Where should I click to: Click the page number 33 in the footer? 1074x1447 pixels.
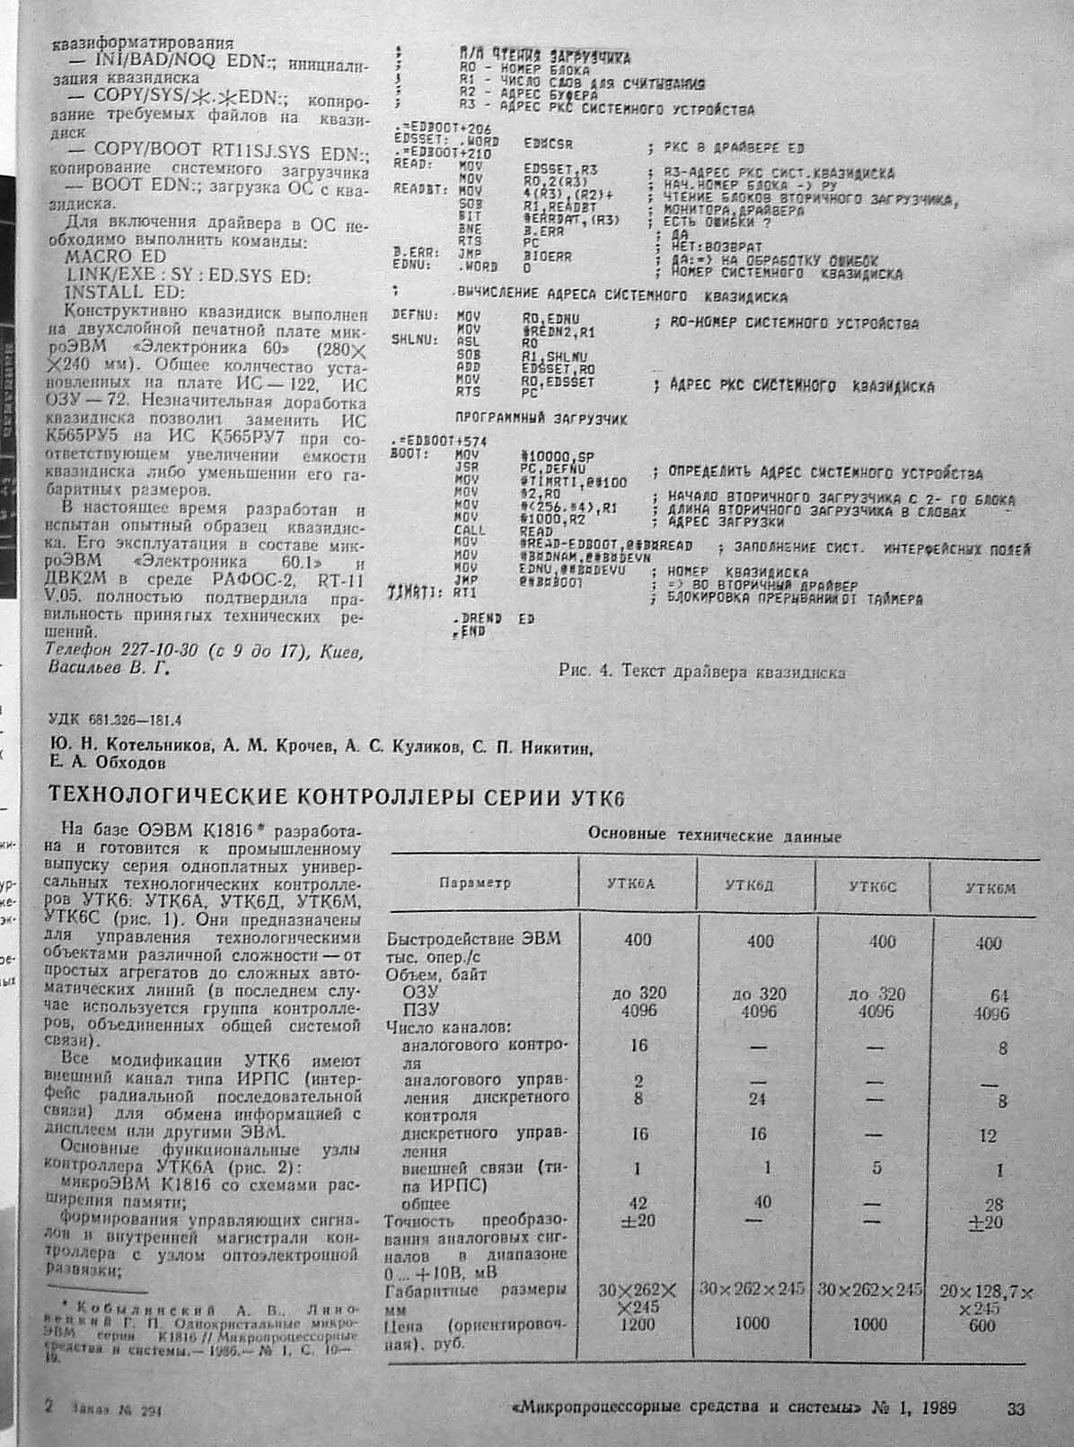coord(1016,1409)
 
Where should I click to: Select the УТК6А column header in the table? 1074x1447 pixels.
coord(638,884)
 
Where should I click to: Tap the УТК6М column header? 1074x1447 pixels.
coord(990,888)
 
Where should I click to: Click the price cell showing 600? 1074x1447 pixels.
coord(982,1325)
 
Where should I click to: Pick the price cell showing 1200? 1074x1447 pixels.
coord(638,1324)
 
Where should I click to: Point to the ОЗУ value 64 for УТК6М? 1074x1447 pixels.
coord(988,995)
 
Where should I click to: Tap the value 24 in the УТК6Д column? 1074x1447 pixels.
coord(760,1098)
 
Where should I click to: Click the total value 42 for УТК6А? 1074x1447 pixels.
coord(638,1204)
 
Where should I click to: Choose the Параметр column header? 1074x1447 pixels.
coord(475,882)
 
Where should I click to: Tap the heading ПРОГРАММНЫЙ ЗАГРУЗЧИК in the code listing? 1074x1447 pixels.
coord(541,419)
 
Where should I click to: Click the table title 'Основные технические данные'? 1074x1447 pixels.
coord(714,835)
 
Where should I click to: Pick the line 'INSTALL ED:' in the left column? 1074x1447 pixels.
coord(125,293)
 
